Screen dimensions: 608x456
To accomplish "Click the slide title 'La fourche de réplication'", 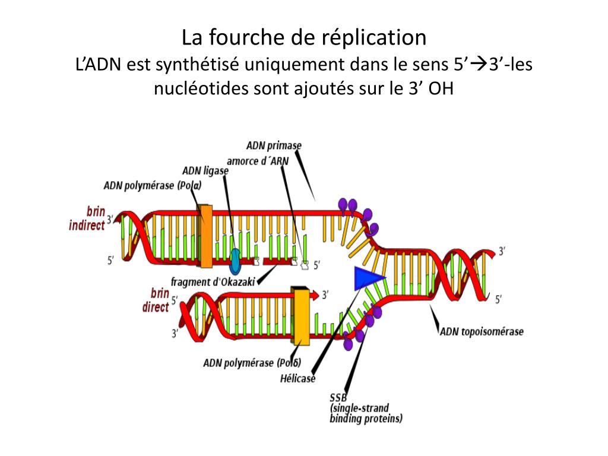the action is pyautogui.click(x=304, y=38).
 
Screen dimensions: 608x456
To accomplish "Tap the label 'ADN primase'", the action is pyautogui.click(x=274, y=145).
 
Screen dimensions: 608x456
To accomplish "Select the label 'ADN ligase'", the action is pyautogui.click(x=205, y=170).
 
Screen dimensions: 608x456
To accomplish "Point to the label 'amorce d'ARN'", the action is pyautogui.click(x=258, y=161).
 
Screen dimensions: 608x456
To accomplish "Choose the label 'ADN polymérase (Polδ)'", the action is pyautogui.click(x=252, y=363).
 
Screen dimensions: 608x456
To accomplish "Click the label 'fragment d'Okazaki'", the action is pyautogui.click(x=213, y=282).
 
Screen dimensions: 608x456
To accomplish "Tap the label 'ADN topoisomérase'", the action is pyautogui.click(x=482, y=331).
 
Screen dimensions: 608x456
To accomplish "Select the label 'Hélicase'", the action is pyautogui.click(x=298, y=378).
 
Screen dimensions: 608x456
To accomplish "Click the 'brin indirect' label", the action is pyautogui.click(x=87, y=218).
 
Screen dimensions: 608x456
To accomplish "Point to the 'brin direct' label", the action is pyautogui.click(x=156, y=300).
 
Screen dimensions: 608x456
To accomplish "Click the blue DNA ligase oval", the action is pyautogui.click(x=235, y=258).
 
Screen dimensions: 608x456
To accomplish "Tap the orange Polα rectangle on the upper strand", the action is pyautogui.click(x=206, y=236).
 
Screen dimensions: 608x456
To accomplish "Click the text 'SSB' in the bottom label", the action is pyautogui.click(x=338, y=397).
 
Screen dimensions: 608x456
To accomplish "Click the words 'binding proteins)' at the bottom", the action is pyautogui.click(x=366, y=418).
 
